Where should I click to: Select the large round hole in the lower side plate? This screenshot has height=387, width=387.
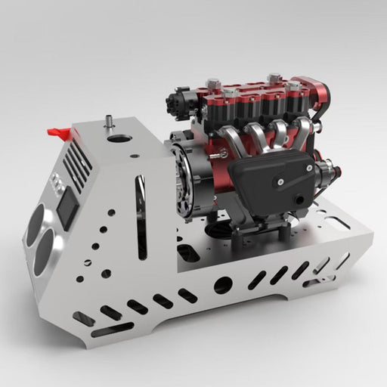click(x=222, y=285)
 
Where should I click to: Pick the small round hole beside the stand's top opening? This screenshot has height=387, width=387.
click(x=134, y=156)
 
